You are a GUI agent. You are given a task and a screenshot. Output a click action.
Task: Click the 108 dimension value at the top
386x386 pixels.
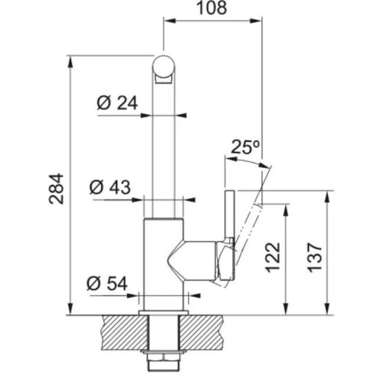click(x=211, y=7)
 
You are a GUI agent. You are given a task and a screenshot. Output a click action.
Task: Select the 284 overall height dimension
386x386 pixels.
click(x=57, y=189)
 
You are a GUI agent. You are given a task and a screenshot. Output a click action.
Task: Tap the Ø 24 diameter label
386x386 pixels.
click(x=117, y=103)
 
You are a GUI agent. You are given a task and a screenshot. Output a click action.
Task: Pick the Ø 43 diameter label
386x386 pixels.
click(x=110, y=187)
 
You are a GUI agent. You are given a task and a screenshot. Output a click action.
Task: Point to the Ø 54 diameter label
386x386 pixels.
click(x=107, y=284)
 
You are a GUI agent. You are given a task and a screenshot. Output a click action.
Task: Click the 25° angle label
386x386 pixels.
click(x=245, y=147)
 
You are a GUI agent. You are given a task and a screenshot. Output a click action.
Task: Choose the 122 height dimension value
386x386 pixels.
click(x=273, y=257)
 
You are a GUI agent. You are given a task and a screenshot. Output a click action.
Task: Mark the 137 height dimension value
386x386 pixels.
click(x=315, y=257)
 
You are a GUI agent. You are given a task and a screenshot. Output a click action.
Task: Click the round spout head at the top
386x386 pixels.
click(x=164, y=67)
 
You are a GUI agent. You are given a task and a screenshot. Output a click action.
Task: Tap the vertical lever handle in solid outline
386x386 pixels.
click(x=230, y=235)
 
